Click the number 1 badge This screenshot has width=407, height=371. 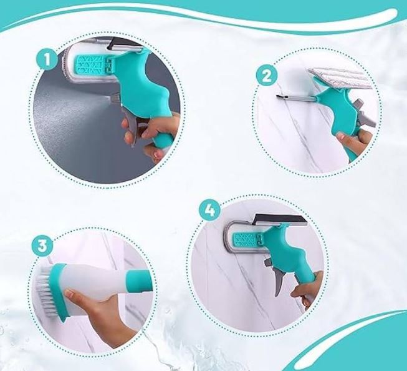[47, 60]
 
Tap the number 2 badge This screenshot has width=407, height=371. [267, 76]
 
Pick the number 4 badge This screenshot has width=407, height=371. [209, 210]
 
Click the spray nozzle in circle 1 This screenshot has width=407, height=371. [115, 99]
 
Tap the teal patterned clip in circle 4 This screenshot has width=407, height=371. [247, 240]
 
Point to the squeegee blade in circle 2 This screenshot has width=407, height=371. [295, 98]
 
